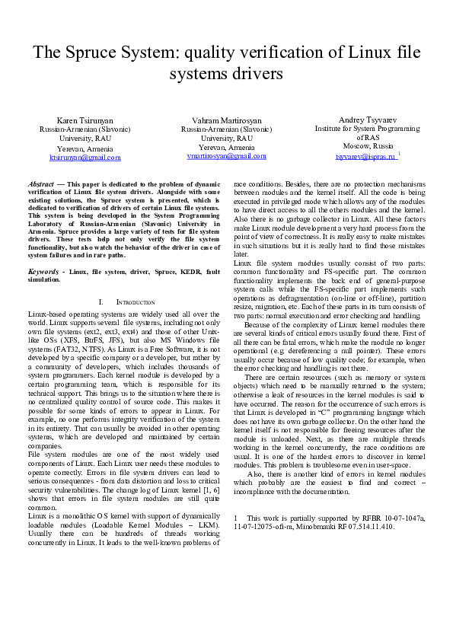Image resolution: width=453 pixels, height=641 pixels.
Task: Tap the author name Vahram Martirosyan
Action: tap(227, 121)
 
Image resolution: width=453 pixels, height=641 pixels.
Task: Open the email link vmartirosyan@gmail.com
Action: tap(226, 155)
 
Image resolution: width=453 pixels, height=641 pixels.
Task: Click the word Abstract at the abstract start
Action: tap(40, 185)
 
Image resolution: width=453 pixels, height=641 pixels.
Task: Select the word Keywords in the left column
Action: tap(44, 271)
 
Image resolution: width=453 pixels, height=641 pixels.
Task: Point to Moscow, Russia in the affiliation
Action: tap(367, 145)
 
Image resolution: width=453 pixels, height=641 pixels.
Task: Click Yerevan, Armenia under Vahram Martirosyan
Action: tap(226, 147)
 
